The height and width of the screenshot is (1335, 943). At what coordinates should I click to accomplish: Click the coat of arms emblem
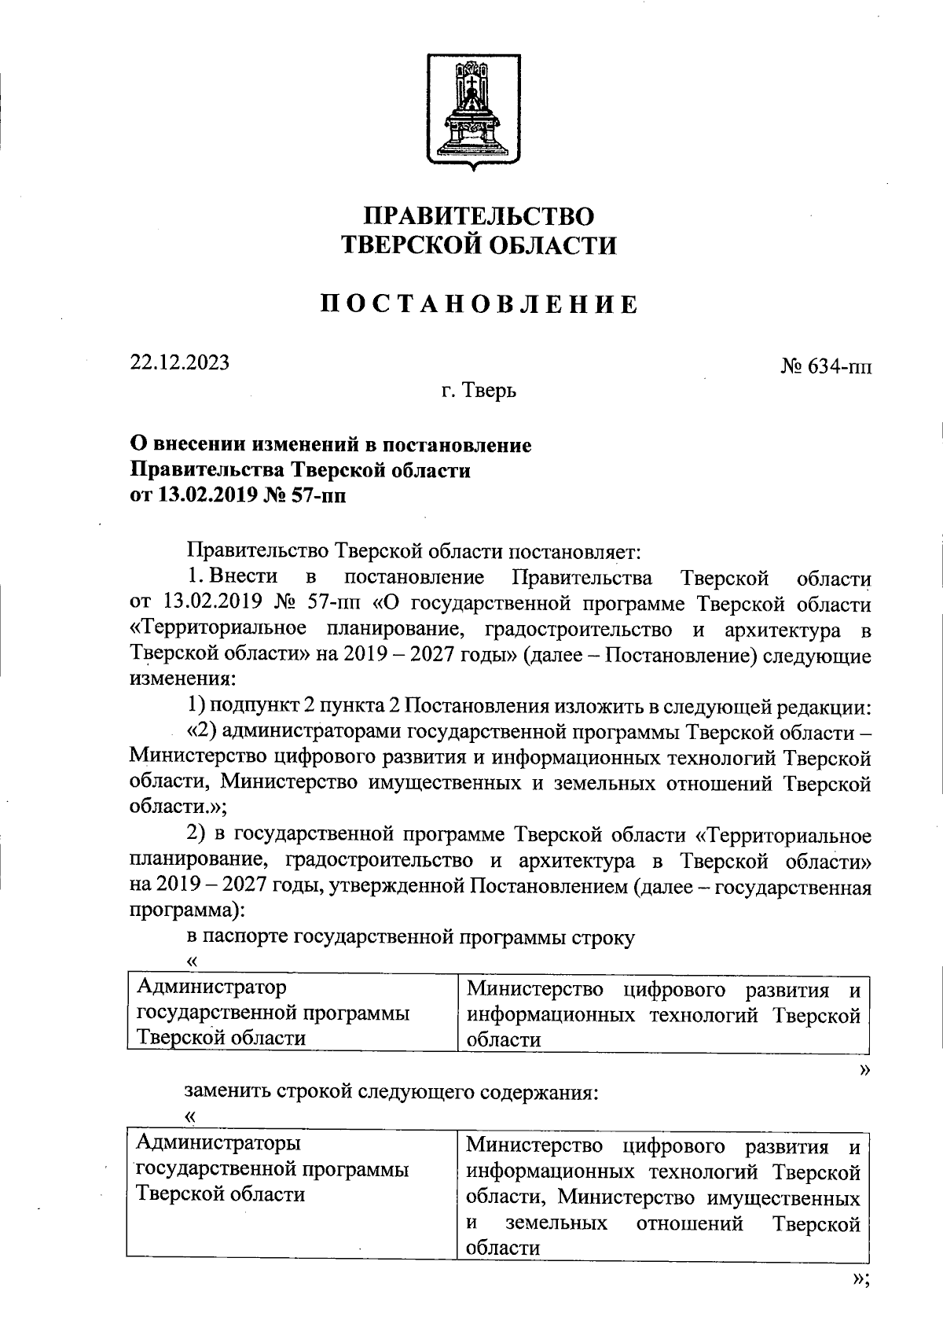tap(473, 111)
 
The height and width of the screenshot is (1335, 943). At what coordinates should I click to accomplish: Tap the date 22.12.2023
tap(180, 362)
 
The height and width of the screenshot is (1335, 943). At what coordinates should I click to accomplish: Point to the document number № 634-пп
tap(826, 366)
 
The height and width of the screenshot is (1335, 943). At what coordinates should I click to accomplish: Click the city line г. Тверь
tap(479, 390)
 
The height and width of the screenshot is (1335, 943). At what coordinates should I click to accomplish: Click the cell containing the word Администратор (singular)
tap(292, 1012)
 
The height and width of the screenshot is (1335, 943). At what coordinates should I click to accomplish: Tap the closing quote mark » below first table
tap(865, 1069)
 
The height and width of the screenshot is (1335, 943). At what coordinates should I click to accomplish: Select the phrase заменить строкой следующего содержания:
tap(392, 1093)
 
